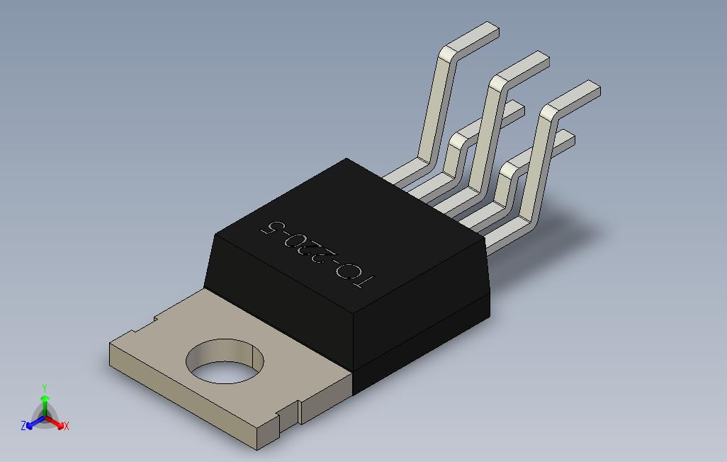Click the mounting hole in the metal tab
point(225,361)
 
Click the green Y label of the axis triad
point(45,388)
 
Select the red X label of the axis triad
point(67,426)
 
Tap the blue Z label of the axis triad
point(23,425)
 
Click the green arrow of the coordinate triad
point(45,405)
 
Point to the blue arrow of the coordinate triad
point(35,422)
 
